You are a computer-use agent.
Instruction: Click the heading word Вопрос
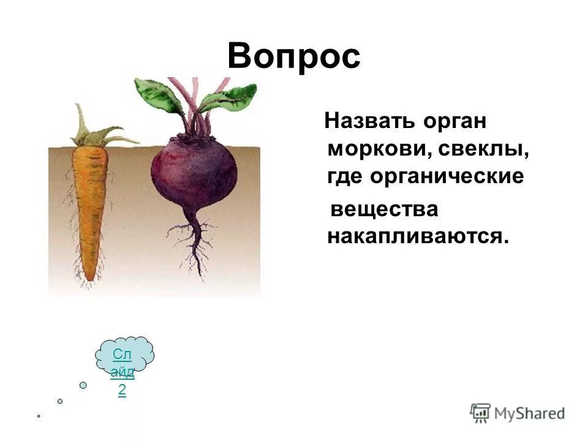[x=294, y=57]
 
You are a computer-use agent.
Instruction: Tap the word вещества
[x=384, y=209]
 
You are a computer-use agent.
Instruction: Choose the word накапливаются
[x=418, y=236]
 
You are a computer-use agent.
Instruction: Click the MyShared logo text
[x=530, y=413]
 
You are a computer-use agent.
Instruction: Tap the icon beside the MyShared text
[x=480, y=413]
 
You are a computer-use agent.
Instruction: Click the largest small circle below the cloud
[x=83, y=385]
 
